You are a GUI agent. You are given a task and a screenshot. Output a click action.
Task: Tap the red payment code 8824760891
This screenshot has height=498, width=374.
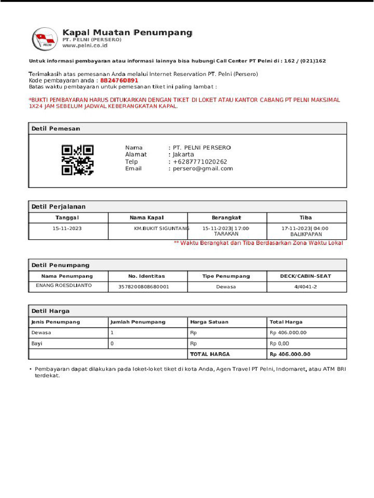(119, 80)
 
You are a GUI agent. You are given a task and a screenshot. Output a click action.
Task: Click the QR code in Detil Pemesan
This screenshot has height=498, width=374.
(77, 160)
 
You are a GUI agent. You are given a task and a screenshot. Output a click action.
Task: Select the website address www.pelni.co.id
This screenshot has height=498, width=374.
(84, 46)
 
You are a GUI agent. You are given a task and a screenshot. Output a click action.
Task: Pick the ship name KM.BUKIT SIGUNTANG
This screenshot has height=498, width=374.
(162, 228)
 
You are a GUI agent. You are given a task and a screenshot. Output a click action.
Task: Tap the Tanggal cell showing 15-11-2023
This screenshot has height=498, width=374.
(67, 228)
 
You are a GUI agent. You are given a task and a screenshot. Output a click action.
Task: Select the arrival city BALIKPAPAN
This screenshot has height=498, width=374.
(306, 234)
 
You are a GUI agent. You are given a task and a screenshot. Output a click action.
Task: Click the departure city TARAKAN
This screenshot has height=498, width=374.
(226, 234)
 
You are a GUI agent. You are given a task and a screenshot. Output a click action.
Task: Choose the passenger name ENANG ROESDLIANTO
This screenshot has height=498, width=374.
(64, 285)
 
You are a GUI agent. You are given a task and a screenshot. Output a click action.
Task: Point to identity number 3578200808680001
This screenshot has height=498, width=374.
(144, 287)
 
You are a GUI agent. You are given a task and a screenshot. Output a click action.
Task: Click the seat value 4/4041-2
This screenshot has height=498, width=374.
(305, 287)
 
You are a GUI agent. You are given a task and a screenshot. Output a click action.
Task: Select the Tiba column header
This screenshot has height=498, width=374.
(306, 217)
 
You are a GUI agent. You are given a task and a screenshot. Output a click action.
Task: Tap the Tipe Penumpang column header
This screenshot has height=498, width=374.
(226, 276)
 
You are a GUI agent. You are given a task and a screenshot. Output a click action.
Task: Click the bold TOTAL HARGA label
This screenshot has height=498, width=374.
(210, 354)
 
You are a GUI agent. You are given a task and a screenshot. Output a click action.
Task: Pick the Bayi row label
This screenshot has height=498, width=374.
(37, 343)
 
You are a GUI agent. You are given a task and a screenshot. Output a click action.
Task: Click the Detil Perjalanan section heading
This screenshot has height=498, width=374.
(58, 207)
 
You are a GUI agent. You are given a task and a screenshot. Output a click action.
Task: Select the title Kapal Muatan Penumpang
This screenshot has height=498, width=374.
(128, 33)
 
